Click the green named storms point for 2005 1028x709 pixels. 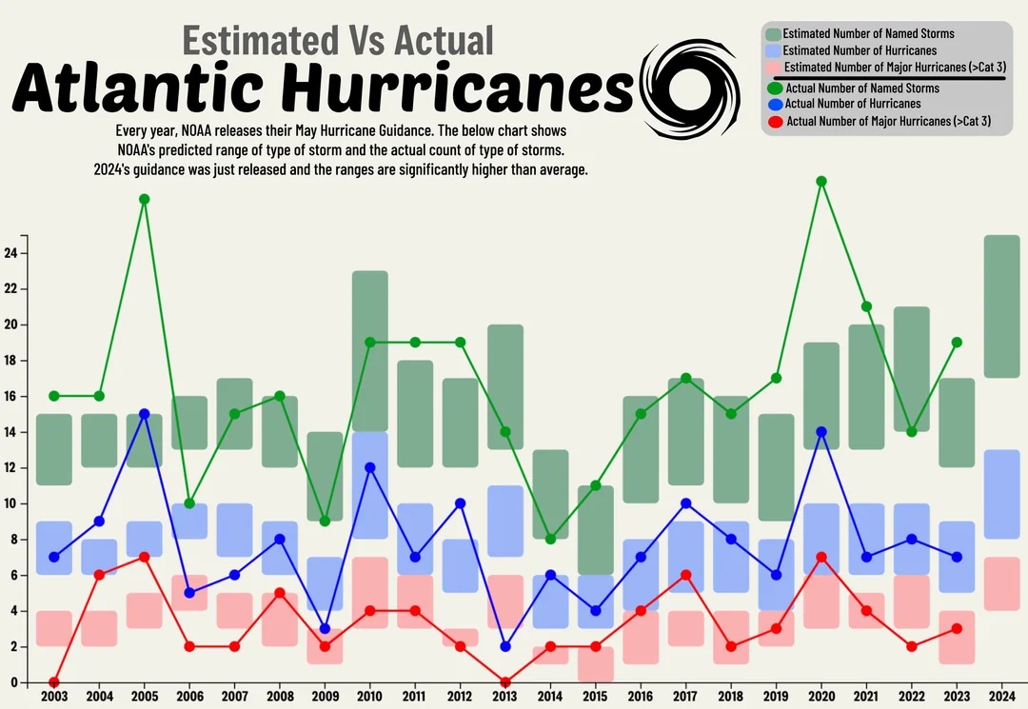(x=145, y=199)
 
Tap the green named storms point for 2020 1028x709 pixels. (x=821, y=181)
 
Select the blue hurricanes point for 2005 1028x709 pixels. (x=145, y=414)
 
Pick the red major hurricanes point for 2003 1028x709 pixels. (x=54, y=682)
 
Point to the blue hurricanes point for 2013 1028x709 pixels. (x=505, y=646)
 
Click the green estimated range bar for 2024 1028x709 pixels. (x=1001, y=306)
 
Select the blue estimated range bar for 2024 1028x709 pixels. (x=1001, y=495)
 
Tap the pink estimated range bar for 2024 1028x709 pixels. (x=1001, y=583)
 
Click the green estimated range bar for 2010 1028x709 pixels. (x=370, y=351)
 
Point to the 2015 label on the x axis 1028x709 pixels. (x=596, y=698)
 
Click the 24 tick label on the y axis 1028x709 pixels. (x=11, y=253)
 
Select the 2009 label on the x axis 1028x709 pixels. (x=326, y=698)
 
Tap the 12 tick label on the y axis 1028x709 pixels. (x=11, y=468)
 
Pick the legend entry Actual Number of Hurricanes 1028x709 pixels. (x=852, y=104)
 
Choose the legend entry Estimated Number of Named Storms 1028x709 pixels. (x=868, y=33)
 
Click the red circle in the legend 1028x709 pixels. (x=775, y=122)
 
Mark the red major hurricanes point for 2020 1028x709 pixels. (x=821, y=558)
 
